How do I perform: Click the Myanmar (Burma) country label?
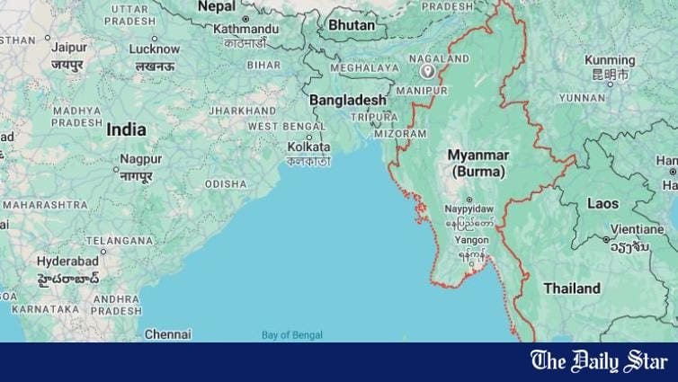[478, 163]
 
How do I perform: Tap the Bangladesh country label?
[348, 99]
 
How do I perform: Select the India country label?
[126, 129]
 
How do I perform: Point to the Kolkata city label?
[308, 147]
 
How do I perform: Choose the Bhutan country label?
[351, 25]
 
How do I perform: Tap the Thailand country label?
[572, 289]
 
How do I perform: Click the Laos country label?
[602, 204]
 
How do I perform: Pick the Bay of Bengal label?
[291, 335]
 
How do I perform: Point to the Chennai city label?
[167, 333]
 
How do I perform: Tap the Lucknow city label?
[155, 49]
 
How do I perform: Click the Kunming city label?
[610, 60]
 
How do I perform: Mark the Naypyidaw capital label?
[469, 209]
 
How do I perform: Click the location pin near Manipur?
[430, 71]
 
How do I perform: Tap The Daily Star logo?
[598, 361]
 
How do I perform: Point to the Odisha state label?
[225, 183]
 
